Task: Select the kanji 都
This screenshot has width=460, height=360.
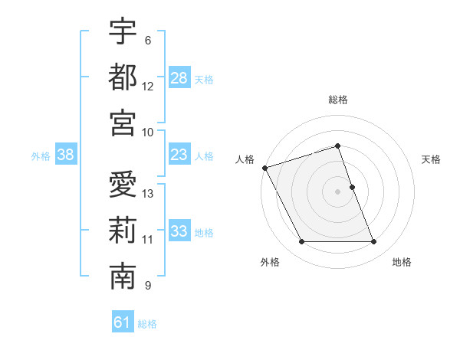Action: point(123,77)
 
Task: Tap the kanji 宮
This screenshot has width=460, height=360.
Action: point(123,123)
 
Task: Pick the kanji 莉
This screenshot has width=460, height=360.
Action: point(123,231)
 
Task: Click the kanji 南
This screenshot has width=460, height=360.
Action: point(123,277)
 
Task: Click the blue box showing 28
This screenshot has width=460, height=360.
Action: point(179,78)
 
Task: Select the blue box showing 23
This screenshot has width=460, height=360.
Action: point(179,155)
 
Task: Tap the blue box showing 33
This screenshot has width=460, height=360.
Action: point(179,232)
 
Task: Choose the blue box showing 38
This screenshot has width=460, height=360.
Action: point(66,155)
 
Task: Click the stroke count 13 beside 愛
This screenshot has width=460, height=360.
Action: point(148,194)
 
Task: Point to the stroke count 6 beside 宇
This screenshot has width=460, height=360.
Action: point(148,40)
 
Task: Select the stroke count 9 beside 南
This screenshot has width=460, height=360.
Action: point(148,286)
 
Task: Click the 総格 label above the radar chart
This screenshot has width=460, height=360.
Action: point(337,100)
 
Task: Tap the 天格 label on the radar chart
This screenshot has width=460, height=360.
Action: point(432,159)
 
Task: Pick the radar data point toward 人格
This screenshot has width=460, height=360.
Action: point(264,168)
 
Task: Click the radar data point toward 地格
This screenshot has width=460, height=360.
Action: point(374,242)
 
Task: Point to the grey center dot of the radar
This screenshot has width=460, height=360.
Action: point(337,191)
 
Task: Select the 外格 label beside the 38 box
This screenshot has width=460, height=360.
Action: point(41,156)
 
